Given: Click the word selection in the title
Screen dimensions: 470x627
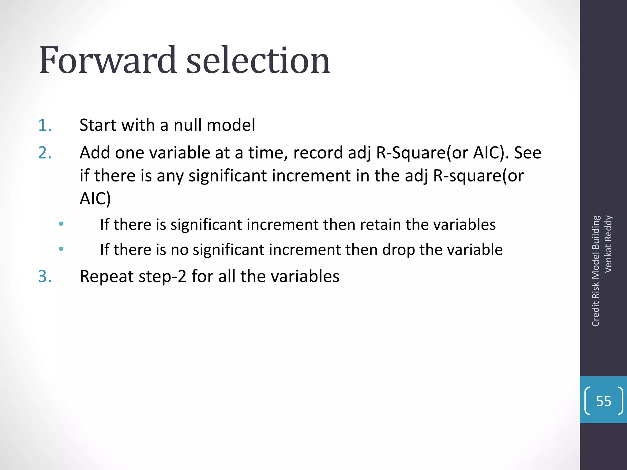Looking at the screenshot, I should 258,60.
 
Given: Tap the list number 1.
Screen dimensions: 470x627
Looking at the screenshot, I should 45,125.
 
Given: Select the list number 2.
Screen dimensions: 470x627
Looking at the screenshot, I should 45,153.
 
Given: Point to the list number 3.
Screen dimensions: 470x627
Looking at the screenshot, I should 45,276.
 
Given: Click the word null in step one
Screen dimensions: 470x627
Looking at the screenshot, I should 188,125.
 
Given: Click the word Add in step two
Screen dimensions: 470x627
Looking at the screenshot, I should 95,153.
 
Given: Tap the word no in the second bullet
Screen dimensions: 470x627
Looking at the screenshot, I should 179,250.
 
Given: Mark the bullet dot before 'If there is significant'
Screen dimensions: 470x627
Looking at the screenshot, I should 61,224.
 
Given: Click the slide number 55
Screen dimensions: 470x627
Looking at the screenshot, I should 603,401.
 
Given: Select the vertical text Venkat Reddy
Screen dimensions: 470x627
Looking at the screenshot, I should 608,244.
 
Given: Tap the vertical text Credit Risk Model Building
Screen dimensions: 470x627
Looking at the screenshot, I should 595,271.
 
